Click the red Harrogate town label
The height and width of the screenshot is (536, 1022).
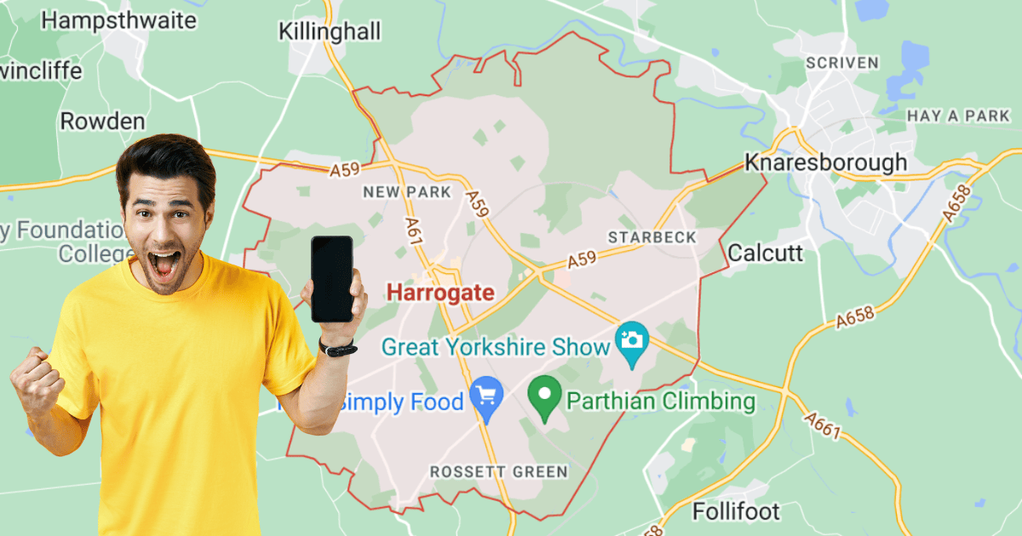coord(439,293)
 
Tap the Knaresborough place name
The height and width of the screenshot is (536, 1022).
coord(825,163)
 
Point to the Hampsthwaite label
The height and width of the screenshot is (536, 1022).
coord(118,20)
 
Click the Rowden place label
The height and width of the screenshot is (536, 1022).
coord(102,122)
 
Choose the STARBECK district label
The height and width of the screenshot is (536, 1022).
coord(652,237)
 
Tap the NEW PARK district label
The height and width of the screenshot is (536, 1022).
coord(406,192)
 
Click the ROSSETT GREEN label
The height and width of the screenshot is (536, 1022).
coord(498,471)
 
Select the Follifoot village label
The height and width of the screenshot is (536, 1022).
coord(736,511)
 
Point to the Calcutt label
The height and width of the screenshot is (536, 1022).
coord(765,253)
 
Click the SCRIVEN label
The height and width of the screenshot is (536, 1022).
coord(841,63)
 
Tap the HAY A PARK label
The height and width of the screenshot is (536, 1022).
coord(958,115)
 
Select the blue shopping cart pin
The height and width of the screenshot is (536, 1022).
coord(487,398)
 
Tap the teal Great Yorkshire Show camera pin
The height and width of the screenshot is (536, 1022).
coord(632,343)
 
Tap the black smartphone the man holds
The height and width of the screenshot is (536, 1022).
coord(331,279)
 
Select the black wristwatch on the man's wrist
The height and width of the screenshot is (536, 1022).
coord(339,348)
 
